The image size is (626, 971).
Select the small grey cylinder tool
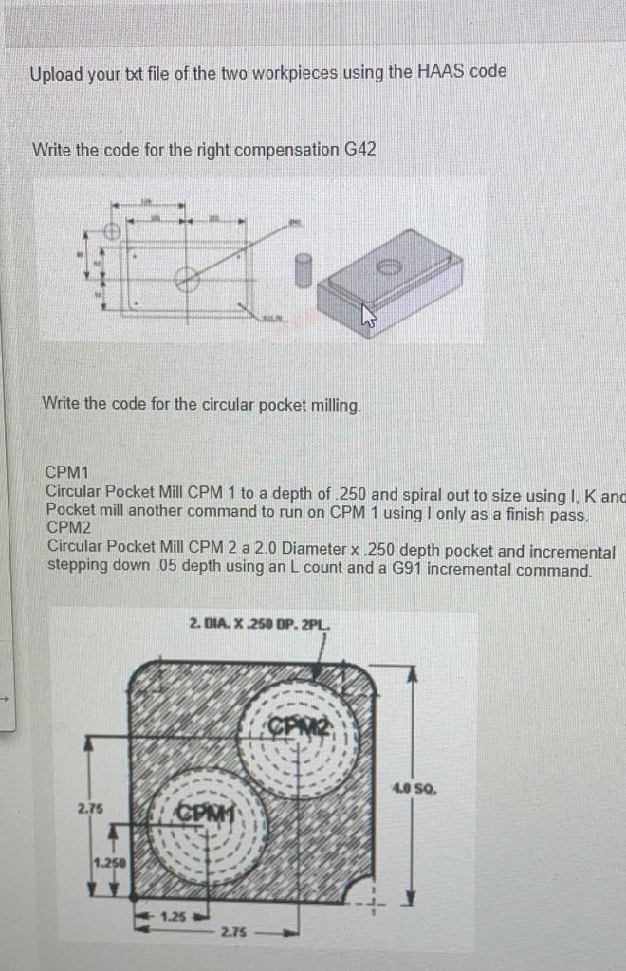point(304,269)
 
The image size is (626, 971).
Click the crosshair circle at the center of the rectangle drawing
point(187,279)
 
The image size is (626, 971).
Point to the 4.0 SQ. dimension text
point(419,786)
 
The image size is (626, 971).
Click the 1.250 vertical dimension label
point(111,861)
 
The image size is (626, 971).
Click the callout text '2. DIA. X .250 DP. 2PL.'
point(260,624)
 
